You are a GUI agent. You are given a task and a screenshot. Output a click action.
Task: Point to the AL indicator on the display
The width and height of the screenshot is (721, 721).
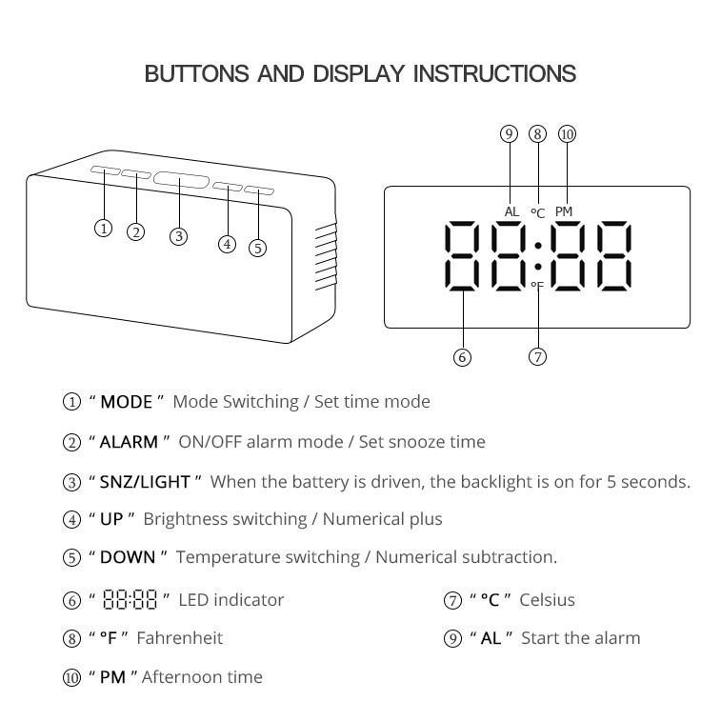(x=512, y=211)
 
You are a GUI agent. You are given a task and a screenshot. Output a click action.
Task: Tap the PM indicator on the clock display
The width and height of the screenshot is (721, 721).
(x=564, y=211)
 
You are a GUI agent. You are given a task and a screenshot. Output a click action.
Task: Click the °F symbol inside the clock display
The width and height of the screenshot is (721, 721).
(x=537, y=286)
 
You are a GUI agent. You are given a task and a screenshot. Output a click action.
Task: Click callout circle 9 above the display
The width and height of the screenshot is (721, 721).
(x=509, y=134)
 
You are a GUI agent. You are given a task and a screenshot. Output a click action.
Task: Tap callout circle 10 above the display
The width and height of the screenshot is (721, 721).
(x=567, y=134)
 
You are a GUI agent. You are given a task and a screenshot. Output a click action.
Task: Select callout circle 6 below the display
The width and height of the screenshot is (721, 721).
(x=462, y=356)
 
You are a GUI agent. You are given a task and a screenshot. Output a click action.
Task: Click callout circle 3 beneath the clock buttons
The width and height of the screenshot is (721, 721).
(x=178, y=236)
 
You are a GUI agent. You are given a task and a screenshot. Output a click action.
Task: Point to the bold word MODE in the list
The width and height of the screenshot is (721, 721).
(x=127, y=402)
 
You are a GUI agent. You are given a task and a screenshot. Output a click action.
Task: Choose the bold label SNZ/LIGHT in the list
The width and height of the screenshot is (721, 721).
(x=145, y=482)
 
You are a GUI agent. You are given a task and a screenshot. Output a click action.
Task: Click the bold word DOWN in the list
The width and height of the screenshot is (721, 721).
(x=128, y=557)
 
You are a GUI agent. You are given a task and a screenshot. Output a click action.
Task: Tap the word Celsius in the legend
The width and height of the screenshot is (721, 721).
(x=547, y=600)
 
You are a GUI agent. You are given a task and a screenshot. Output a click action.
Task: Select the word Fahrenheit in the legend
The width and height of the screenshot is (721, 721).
(x=180, y=638)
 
